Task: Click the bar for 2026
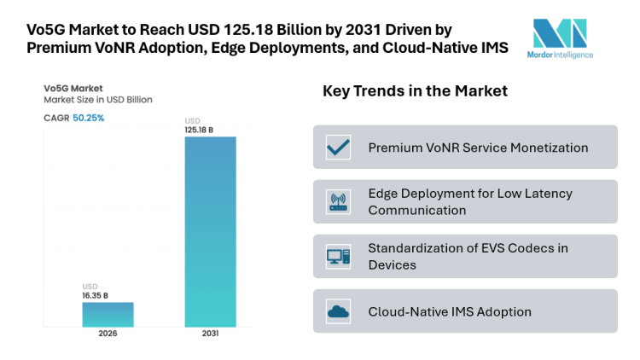click(x=108, y=314)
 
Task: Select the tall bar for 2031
click(x=210, y=231)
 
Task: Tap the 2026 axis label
click(x=108, y=334)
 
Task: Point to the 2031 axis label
click(x=210, y=334)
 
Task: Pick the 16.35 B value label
click(x=95, y=295)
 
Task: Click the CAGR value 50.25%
click(x=88, y=118)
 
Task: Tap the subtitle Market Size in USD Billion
click(x=98, y=99)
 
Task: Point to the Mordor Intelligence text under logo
click(x=563, y=55)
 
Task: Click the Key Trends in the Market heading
click(x=415, y=91)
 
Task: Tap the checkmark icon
click(x=339, y=148)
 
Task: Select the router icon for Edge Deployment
click(x=339, y=202)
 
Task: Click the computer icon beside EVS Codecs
click(x=339, y=257)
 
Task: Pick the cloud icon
click(x=339, y=311)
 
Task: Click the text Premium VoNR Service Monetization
click(x=478, y=148)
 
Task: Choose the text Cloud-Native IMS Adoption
click(x=450, y=311)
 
